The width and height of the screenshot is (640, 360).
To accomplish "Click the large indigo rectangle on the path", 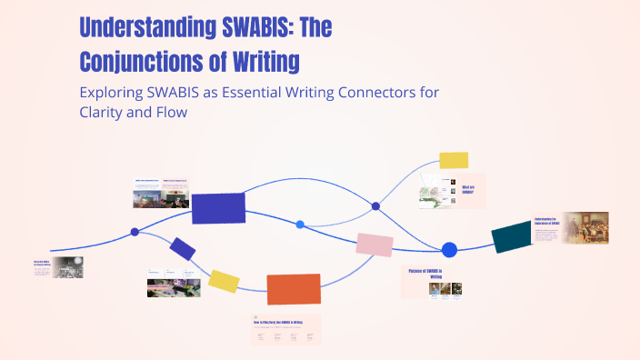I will coord(218,207).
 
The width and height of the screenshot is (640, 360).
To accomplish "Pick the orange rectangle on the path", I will coord(293,289).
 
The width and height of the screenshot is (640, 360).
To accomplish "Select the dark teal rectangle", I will coord(512,237).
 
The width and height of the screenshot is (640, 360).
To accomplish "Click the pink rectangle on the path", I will coord(375,245).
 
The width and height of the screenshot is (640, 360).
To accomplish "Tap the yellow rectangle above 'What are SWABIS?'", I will coord(454,160).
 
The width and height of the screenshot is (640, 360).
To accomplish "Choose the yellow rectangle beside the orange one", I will coord(224,281).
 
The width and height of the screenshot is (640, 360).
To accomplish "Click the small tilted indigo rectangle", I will coord(183,248).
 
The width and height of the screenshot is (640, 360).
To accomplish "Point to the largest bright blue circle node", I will coord(449,250).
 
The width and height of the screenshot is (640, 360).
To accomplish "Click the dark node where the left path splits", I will coord(135,232).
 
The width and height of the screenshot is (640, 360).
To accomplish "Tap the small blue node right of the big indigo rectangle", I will coord(300,224).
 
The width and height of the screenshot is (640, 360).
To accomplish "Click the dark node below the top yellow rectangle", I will coord(375,206).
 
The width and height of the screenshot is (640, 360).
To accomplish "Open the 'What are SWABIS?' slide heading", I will coord(468,190).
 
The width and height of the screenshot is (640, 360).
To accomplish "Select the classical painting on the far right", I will coord(586,227).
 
